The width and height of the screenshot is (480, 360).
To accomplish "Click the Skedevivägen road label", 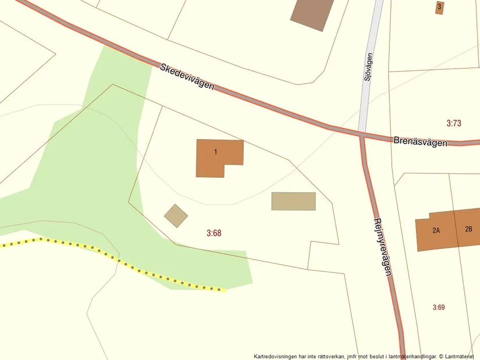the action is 187,76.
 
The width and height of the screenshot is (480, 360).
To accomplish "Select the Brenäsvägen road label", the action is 420,141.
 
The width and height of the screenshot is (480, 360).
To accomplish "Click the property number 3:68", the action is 214,233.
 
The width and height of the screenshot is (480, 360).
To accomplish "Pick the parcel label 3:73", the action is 454,123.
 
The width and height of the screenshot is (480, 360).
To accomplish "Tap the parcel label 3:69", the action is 439,307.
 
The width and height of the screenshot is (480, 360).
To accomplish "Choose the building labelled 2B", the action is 468,228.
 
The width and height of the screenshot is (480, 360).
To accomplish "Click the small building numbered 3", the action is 439,7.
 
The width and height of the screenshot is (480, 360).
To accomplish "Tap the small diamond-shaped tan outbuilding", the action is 176,216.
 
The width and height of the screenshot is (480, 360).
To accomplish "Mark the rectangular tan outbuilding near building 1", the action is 293,201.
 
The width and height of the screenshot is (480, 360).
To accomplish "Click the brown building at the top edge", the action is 311,12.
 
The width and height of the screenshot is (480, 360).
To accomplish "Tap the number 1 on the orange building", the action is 215,152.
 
